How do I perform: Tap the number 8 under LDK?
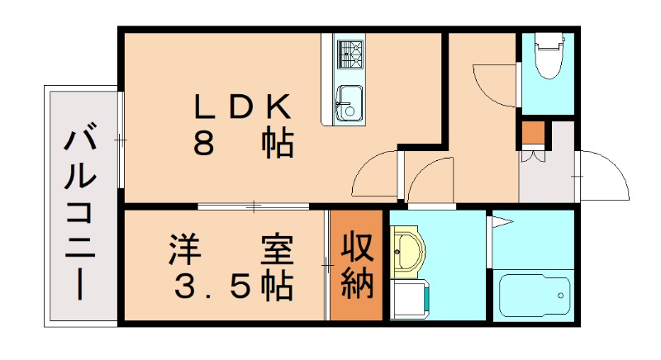tap(204, 144)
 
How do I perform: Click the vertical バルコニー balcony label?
tap(80, 211)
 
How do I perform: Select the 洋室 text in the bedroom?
tap(231, 250)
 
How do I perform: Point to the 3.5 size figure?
tap(212, 286)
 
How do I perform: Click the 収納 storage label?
tap(358, 266)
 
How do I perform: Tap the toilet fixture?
tap(547, 56)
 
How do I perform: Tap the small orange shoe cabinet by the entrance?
tap(533, 132)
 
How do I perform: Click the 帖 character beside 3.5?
tap(276, 286)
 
